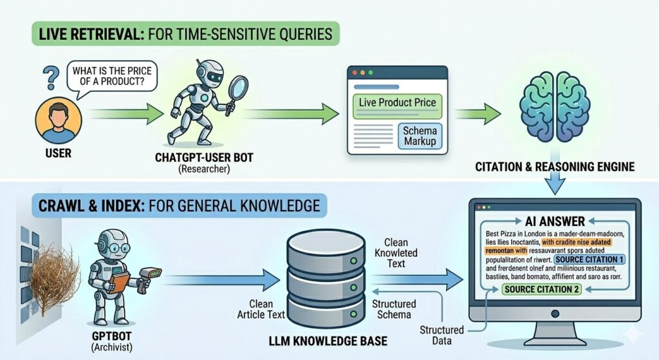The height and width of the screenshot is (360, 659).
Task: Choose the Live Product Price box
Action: click(398, 102)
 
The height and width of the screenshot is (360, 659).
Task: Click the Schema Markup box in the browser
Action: click(419, 136)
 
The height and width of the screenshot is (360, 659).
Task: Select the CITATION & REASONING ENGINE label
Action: click(555, 167)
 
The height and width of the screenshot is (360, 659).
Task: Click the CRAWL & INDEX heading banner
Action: click(170, 207)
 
